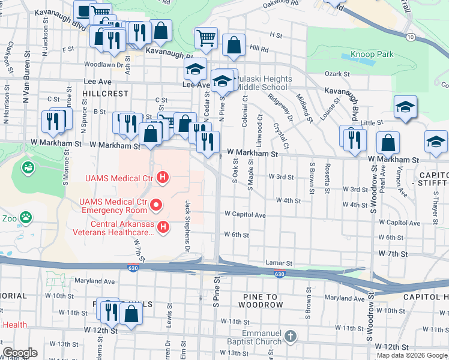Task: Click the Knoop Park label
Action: click(373, 55)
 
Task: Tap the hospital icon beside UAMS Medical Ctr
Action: click(161, 178)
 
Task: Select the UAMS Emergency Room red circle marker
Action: click(157, 206)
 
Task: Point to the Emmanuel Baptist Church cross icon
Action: click(291, 337)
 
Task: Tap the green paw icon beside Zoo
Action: click(26, 216)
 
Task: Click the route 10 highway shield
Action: click(410, 37)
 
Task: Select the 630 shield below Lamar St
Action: click(279, 274)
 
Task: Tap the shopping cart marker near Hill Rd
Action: click(206, 38)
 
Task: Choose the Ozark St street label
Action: click(337, 74)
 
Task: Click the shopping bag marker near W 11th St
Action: click(130, 313)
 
